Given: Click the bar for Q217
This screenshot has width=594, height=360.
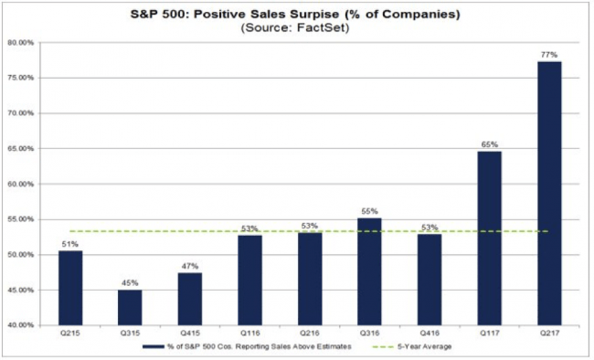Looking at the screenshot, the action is [x=549, y=194].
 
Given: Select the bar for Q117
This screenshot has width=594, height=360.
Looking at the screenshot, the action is [x=490, y=238].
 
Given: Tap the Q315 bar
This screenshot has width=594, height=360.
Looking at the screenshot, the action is [x=130, y=308].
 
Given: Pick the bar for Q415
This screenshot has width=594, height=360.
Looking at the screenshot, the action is [x=190, y=299].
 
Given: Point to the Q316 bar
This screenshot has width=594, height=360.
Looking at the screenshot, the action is [x=369, y=271].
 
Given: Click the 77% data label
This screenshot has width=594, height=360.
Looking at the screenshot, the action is [x=549, y=55].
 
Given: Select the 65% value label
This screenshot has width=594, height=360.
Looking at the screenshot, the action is [x=490, y=144].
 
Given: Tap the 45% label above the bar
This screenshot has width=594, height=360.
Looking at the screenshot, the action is [x=130, y=283].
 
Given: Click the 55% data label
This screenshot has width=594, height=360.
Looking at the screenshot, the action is [x=369, y=211].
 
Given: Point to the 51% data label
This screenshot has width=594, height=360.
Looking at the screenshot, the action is [x=70, y=245].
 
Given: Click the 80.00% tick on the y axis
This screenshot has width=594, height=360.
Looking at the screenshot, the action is [x=21, y=43].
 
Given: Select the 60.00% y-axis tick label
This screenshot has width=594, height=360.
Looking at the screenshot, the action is [x=21, y=185].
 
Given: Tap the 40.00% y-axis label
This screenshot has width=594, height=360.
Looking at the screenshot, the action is [x=21, y=325].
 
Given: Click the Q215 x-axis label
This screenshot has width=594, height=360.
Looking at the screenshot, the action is [x=70, y=334].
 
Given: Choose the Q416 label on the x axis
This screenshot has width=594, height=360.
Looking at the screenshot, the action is [x=430, y=334].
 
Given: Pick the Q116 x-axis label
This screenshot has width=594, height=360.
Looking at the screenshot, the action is [x=250, y=334].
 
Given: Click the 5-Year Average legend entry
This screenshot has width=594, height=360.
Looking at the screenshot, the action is [x=412, y=346].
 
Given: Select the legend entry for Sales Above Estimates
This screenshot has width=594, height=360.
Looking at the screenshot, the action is [x=247, y=346].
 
